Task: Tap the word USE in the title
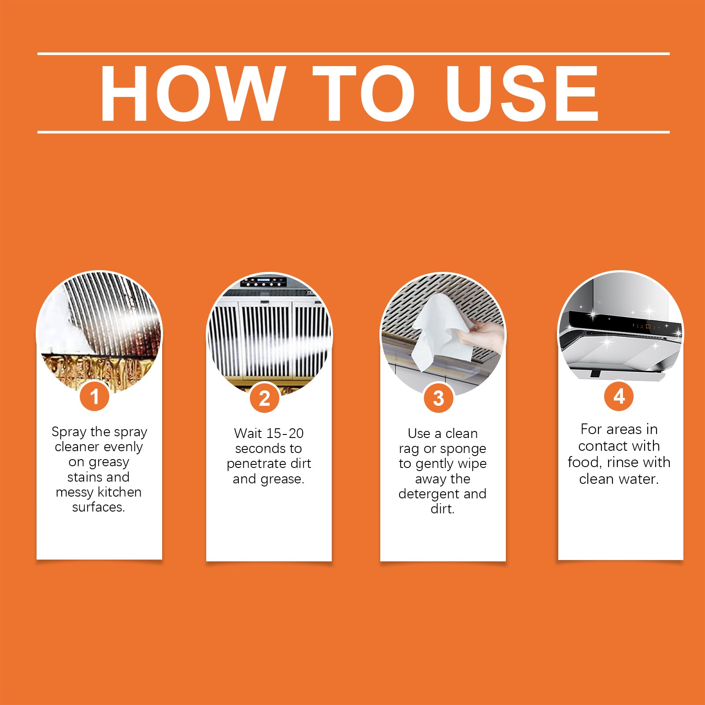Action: [x=522, y=93]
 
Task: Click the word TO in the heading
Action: [x=364, y=93]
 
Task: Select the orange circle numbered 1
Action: [x=94, y=397]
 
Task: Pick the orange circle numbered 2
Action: [x=264, y=398]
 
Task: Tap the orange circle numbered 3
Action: [x=438, y=398]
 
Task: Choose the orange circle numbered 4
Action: [x=619, y=396]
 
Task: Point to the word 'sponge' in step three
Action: [x=463, y=449]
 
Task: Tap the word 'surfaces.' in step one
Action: [x=99, y=507]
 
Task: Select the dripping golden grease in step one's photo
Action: [x=97, y=370]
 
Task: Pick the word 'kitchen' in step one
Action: [x=119, y=492]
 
